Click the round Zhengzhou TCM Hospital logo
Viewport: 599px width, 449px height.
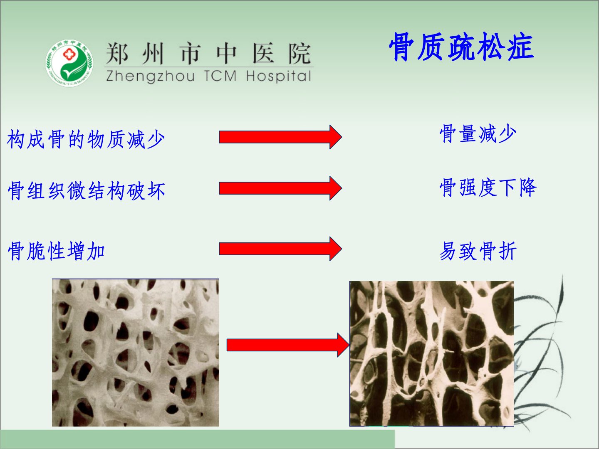tap(69, 63)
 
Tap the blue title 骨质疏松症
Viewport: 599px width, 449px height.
tap(461, 47)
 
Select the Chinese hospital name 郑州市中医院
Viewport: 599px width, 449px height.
tap(208, 54)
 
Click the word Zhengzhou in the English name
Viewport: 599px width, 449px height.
tap(150, 76)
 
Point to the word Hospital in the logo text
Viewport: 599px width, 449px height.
tap(279, 76)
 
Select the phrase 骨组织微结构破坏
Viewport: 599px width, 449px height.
tap(87, 190)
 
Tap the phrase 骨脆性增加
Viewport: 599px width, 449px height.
tap(56, 251)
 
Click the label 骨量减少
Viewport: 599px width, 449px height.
tap(478, 133)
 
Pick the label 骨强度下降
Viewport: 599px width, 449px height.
tap(488, 187)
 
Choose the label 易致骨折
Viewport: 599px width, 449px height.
tap(478, 251)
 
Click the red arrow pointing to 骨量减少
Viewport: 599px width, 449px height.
tap(280, 137)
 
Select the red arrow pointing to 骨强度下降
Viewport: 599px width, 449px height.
tap(280, 188)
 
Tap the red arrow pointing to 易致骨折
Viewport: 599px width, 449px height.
tap(280, 249)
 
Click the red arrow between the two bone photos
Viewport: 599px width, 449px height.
tap(288, 345)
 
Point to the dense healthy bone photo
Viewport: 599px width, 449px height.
tap(136, 353)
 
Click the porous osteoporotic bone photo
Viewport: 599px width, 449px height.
tap(431, 353)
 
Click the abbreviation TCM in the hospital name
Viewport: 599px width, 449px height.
tap(220, 76)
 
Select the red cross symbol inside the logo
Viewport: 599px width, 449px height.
tap(69, 54)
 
